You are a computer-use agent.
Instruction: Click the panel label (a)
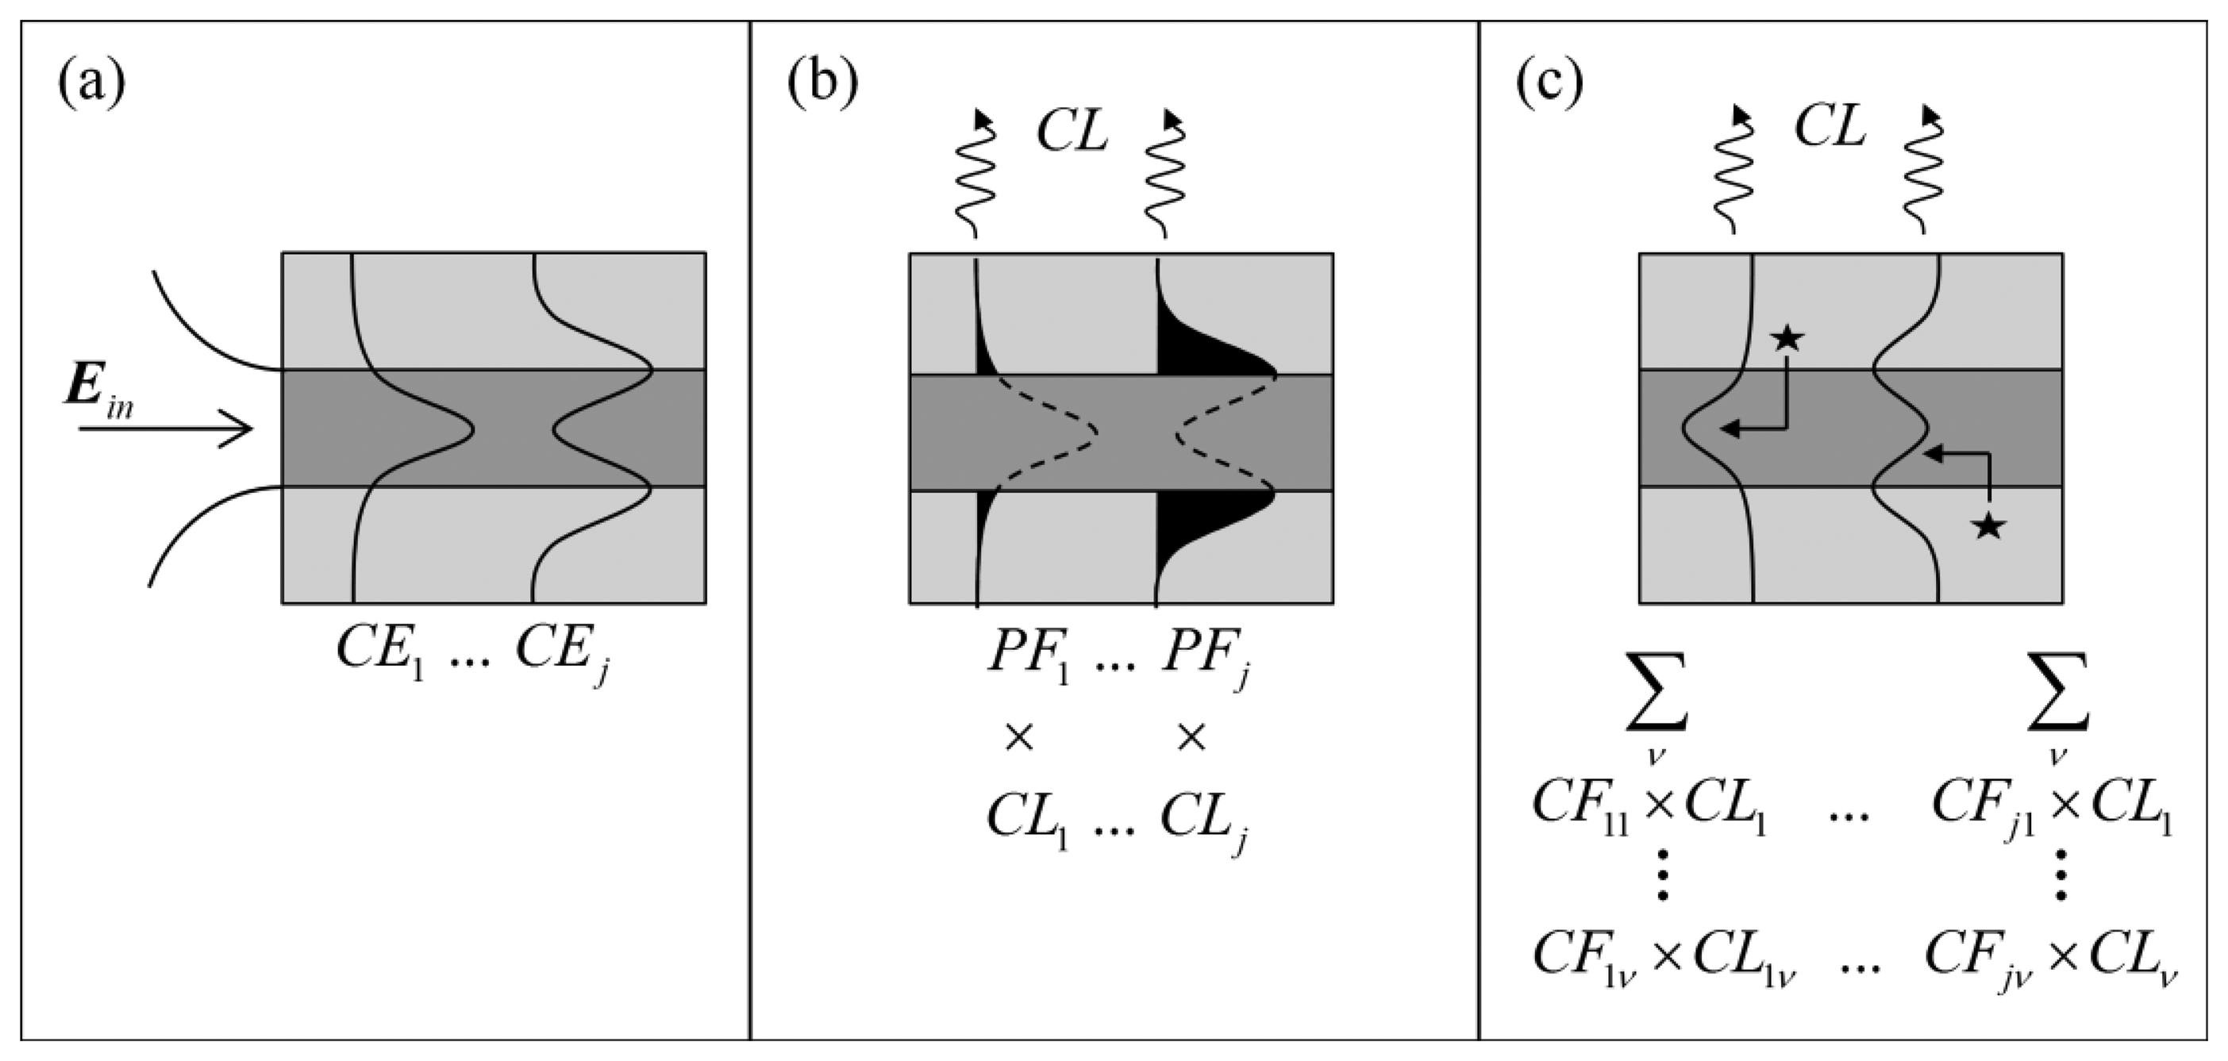92,84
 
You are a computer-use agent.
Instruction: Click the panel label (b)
822,84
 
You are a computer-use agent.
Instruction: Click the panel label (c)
1550,84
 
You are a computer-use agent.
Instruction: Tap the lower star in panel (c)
1988,525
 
